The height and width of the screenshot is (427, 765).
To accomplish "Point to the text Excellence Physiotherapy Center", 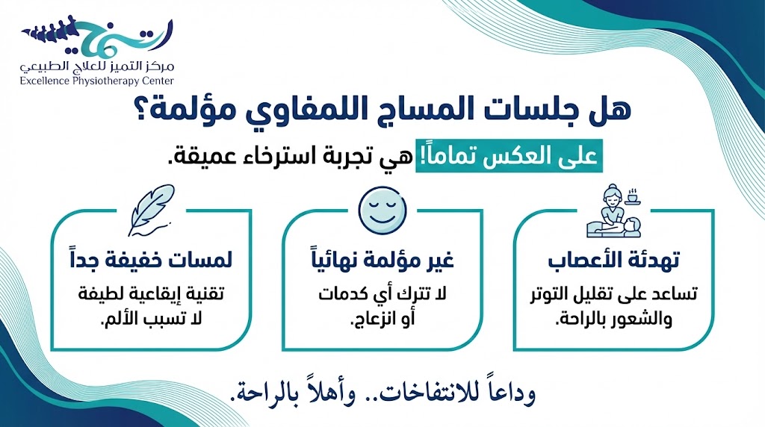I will coord(97,80).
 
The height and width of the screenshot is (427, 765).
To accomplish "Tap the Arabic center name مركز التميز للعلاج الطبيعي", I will coord(97,66).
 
